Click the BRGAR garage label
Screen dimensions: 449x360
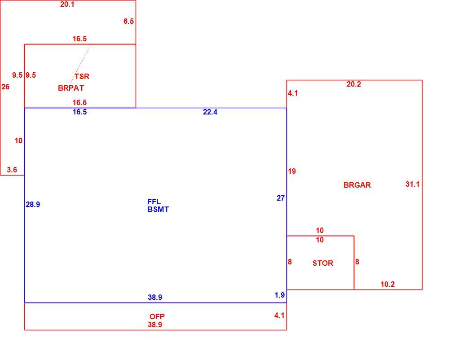(x=357, y=185)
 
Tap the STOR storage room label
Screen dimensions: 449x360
(x=323, y=263)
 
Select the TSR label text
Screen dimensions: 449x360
(x=82, y=76)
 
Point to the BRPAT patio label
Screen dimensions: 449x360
(x=71, y=88)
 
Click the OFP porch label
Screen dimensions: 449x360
(x=157, y=316)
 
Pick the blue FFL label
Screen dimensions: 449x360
(x=154, y=202)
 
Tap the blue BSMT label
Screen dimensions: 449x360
(x=158, y=209)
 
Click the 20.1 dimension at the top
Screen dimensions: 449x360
(x=67, y=4)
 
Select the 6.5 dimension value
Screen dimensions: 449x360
(x=128, y=21)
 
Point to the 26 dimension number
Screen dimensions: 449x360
(x=5, y=87)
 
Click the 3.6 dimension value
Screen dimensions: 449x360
(x=12, y=170)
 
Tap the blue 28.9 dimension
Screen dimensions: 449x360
(x=33, y=204)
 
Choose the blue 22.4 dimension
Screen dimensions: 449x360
(x=210, y=112)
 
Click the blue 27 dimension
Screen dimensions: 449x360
(x=281, y=198)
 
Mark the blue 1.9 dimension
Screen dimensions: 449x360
(x=279, y=295)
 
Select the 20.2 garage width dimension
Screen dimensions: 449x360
(x=354, y=84)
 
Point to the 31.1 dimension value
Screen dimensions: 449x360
(x=413, y=184)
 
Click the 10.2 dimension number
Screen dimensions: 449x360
(x=387, y=284)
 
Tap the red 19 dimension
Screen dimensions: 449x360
(x=292, y=171)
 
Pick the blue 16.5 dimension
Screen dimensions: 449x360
(x=79, y=112)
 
